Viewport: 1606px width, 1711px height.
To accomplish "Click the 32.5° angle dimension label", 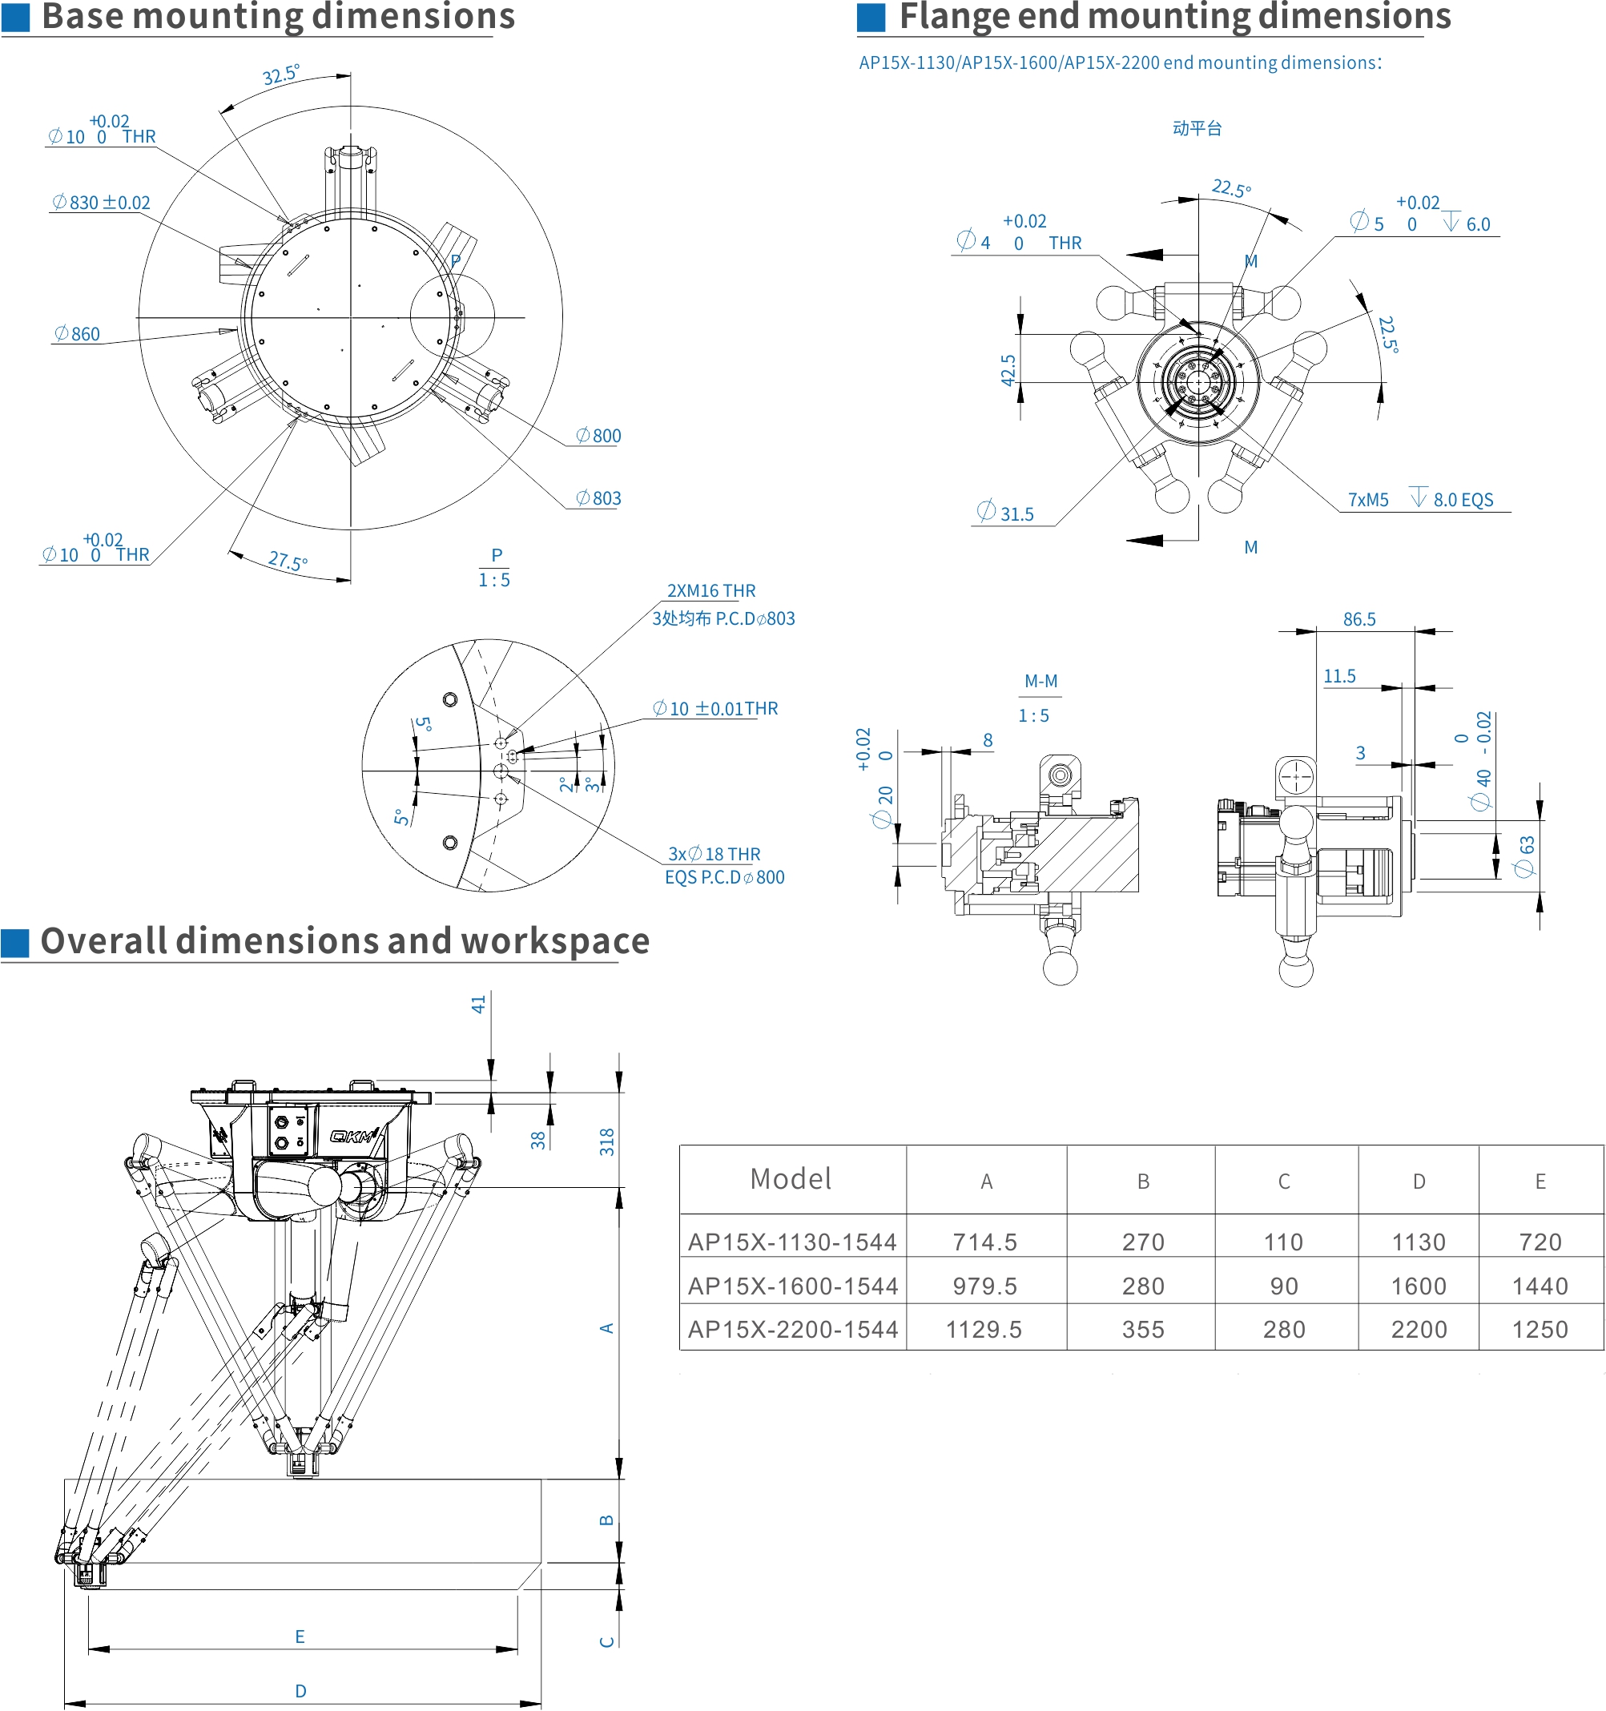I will tap(280, 74).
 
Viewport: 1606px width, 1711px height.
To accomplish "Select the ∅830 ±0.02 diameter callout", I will tap(101, 203).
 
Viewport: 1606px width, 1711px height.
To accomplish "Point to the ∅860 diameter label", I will tap(77, 334).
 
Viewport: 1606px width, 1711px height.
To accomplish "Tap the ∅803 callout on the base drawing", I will tap(598, 498).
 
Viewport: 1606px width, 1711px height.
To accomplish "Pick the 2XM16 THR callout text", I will tap(711, 591).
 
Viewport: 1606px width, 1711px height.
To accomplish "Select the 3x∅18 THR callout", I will tap(714, 854).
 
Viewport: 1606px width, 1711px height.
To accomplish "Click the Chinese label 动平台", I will tap(1197, 128).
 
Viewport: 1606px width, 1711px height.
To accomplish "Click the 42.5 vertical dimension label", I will tap(1008, 370).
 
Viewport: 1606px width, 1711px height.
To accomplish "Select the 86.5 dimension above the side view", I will tap(1359, 620).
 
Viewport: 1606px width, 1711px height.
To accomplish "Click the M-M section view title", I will tap(1040, 682).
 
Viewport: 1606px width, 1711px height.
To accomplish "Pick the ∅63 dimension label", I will tap(1525, 856).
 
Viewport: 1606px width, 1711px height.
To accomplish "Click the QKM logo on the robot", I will tap(354, 1136).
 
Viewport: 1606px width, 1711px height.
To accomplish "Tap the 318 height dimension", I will tap(608, 1141).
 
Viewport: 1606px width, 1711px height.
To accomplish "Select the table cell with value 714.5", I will tap(984, 1242).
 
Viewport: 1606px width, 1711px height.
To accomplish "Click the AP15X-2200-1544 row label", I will tap(793, 1330).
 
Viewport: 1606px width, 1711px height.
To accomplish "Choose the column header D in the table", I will tap(1419, 1182).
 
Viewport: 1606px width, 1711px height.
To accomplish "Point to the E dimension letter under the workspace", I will tap(300, 1637).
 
